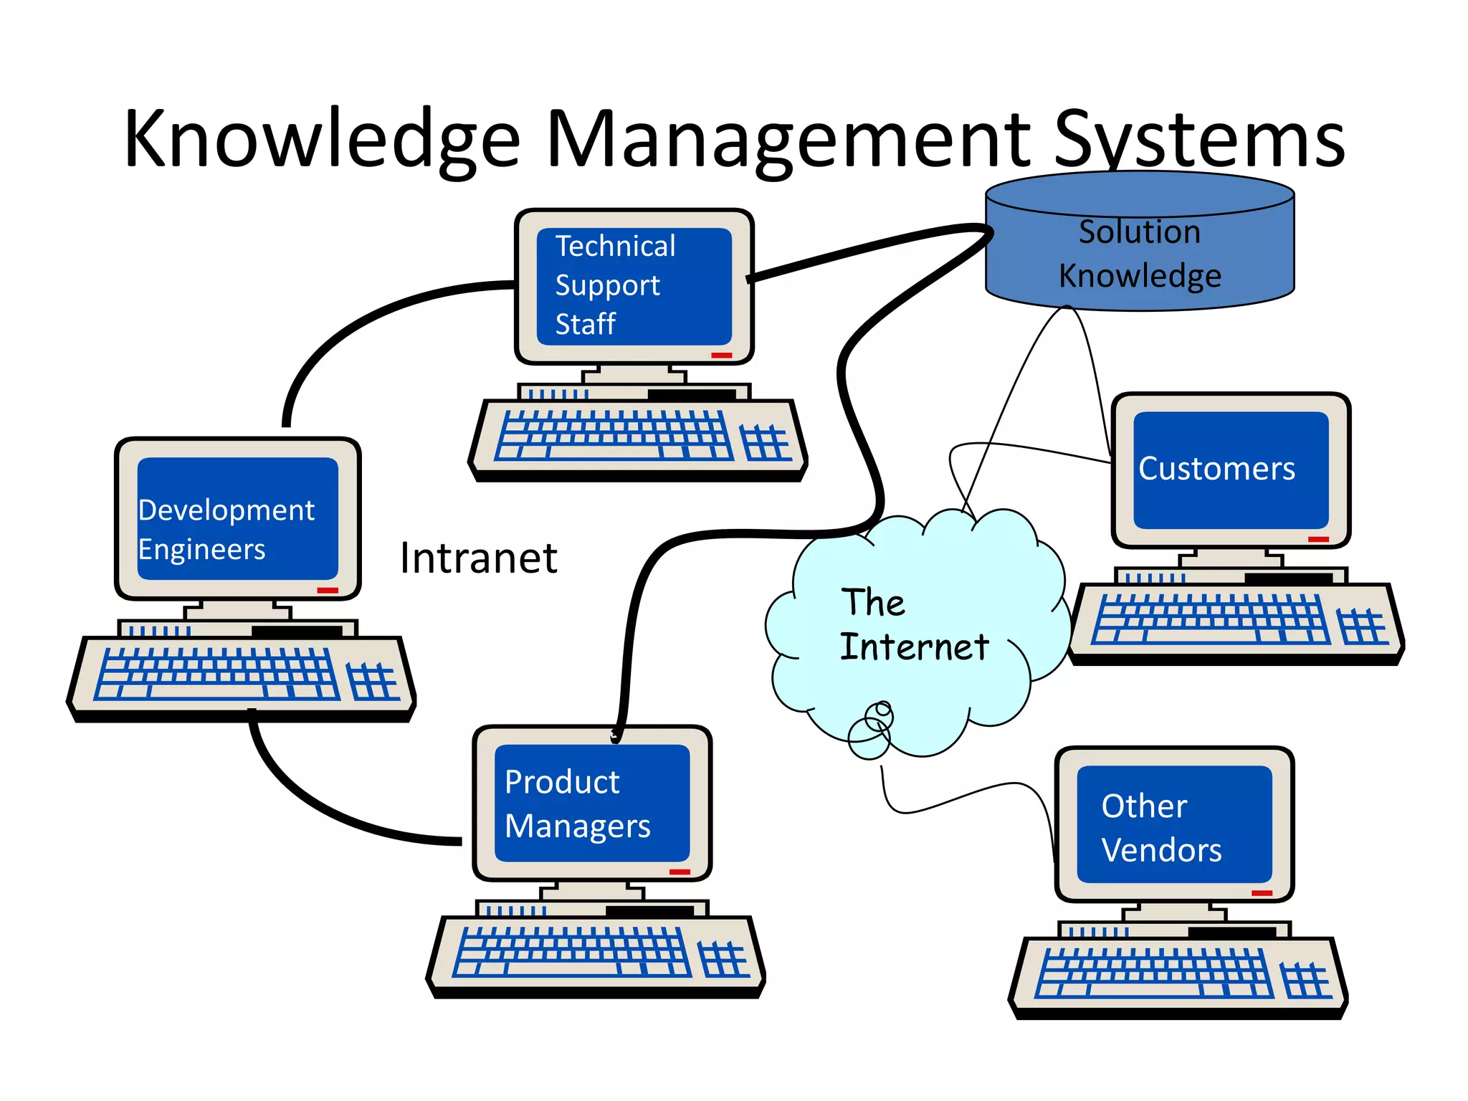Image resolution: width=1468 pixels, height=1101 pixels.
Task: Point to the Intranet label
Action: tap(478, 558)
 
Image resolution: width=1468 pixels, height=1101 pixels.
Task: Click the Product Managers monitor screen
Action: tap(592, 803)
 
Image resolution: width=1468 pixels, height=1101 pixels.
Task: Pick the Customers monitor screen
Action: tap(1231, 470)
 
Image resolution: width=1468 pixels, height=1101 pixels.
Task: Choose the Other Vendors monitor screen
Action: tap(1174, 824)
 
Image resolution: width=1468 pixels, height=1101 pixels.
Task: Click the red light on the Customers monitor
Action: tap(1318, 539)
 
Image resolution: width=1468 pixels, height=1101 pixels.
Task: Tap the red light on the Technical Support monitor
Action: tap(721, 356)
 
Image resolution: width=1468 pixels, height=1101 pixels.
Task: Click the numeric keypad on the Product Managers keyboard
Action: tap(723, 959)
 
